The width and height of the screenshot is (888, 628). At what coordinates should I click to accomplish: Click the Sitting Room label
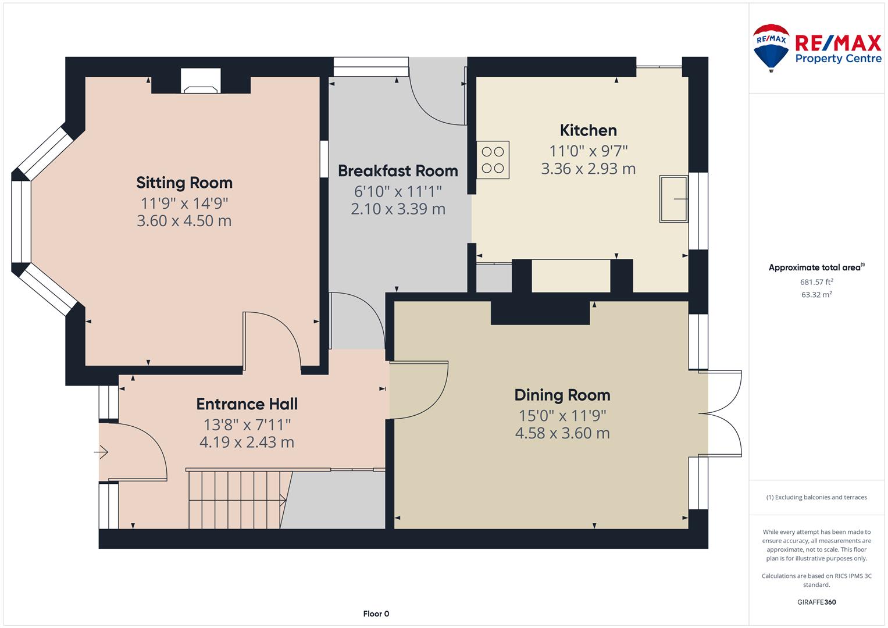click(x=184, y=183)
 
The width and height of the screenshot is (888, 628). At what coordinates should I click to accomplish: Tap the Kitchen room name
click(x=589, y=130)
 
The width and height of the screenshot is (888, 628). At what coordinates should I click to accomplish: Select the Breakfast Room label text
click(x=398, y=171)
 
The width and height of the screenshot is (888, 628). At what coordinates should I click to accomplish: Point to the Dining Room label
click(x=562, y=395)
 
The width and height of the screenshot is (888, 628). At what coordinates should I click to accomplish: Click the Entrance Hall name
click(x=247, y=404)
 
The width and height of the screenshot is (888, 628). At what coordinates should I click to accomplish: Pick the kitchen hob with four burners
click(x=493, y=160)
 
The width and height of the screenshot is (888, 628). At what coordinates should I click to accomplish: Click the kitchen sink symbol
click(x=673, y=199)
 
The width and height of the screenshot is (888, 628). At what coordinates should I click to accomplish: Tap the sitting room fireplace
click(x=201, y=81)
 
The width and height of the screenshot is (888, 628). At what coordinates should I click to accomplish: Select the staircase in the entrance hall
click(x=240, y=499)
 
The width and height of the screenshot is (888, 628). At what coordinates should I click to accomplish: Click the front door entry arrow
click(x=101, y=452)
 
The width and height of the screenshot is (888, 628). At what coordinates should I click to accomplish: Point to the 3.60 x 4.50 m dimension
click(x=184, y=221)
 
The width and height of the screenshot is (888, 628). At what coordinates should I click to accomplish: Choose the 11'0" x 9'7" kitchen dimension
click(x=589, y=151)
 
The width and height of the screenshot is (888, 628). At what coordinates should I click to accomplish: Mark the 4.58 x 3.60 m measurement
click(x=562, y=433)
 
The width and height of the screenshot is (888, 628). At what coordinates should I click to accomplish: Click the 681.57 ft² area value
click(x=816, y=282)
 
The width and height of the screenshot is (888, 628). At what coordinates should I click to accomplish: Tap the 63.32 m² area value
click(x=816, y=295)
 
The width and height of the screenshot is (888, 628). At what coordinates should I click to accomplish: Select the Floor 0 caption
click(x=376, y=613)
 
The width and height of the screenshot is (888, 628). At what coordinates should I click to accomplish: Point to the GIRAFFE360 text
click(x=816, y=602)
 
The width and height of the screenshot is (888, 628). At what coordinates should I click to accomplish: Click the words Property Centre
click(x=839, y=59)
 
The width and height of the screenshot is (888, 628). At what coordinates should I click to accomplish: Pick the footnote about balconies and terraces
click(x=816, y=497)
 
